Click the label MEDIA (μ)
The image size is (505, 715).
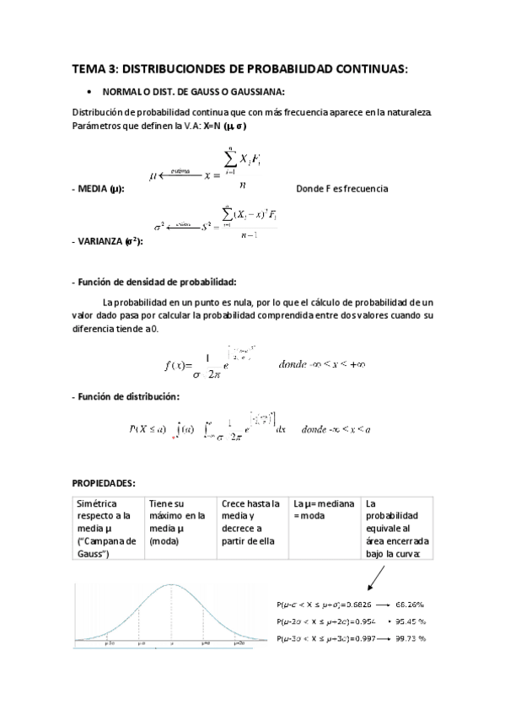(99, 189)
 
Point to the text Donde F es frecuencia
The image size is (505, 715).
(342, 189)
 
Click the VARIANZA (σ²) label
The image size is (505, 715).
(107, 241)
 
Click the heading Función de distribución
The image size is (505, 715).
(126, 396)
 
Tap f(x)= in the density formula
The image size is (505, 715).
(178, 365)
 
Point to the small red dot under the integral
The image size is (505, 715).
(174, 438)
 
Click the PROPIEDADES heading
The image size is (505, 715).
(104, 484)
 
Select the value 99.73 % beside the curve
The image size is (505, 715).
(410, 637)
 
